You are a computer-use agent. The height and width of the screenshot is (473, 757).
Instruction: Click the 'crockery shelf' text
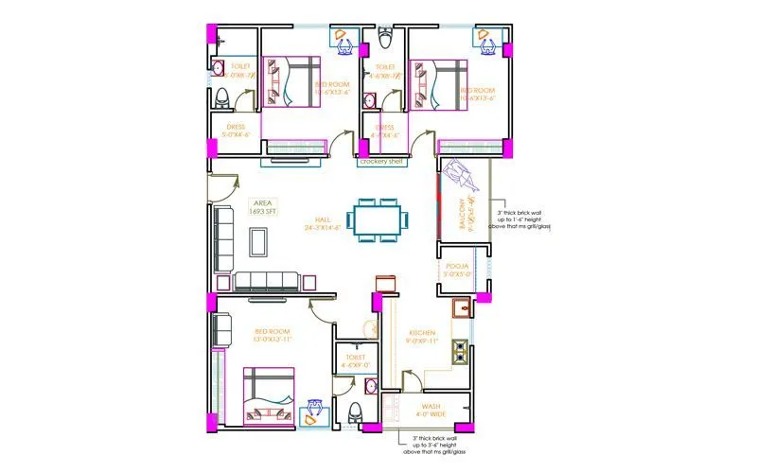point(382,162)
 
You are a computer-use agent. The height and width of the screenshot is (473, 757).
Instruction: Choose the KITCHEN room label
point(422,337)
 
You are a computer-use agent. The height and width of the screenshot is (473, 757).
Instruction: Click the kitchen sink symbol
point(460,308)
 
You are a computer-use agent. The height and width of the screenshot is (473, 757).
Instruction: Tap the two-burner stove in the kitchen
point(460,351)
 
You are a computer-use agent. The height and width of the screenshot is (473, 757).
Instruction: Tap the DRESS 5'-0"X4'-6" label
point(235,131)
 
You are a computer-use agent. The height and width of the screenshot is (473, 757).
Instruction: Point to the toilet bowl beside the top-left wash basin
point(222,97)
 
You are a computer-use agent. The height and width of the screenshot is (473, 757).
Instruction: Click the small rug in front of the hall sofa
point(257,242)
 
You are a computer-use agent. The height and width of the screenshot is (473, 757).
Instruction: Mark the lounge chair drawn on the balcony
point(466,177)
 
